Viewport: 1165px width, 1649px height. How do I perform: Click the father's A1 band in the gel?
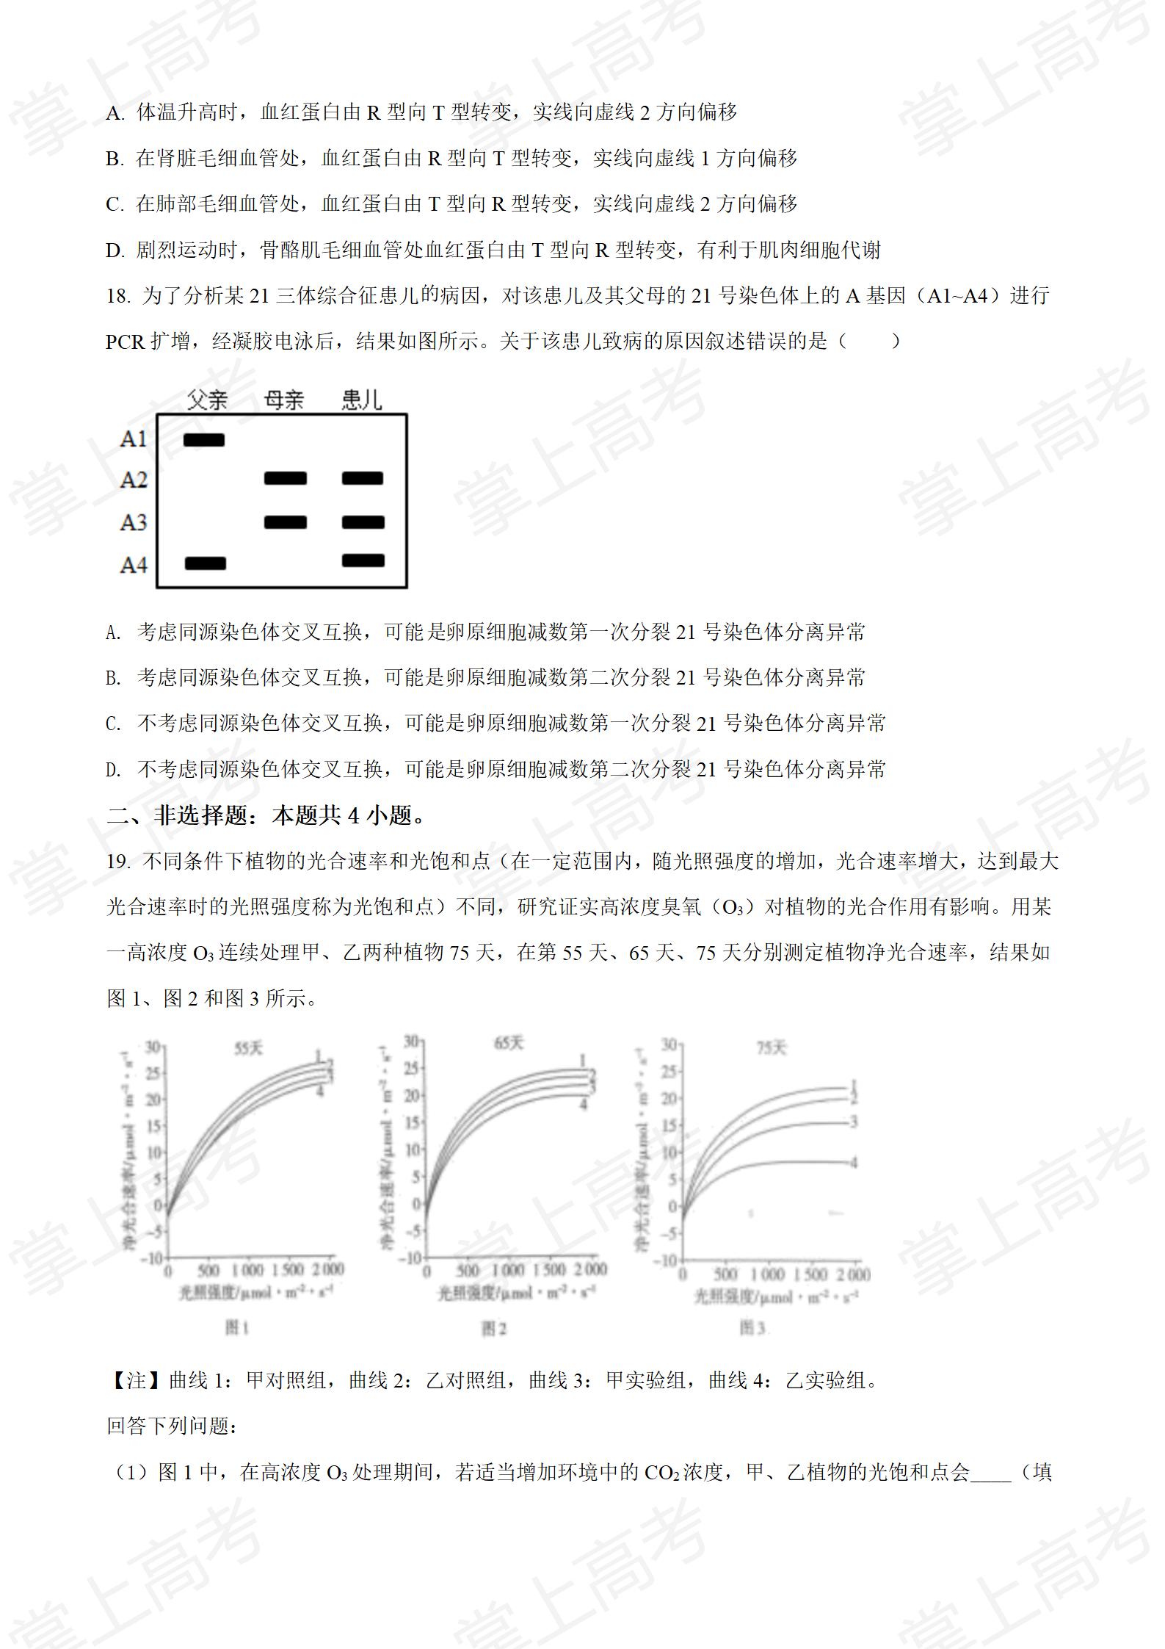[204, 440]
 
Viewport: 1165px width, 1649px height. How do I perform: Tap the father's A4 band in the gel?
[206, 563]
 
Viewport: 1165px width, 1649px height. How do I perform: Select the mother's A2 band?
[286, 479]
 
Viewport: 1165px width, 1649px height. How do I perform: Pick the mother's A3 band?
[286, 522]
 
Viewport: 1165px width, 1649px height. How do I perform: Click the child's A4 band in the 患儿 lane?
[363, 560]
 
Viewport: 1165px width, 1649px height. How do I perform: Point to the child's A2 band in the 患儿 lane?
[363, 479]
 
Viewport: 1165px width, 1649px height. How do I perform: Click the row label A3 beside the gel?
[134, 522]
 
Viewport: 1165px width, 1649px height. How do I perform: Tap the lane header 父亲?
[207, 400]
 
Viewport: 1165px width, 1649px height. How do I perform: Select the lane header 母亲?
[284, 400]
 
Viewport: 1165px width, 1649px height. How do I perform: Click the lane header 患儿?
[362, 400]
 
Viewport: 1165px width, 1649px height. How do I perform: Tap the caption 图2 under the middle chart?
[493, 1328]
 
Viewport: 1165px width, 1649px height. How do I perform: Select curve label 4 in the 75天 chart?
[854, 1162]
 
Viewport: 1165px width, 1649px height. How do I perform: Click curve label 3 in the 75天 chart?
[854, 1122]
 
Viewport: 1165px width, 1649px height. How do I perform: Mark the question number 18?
[117, 296]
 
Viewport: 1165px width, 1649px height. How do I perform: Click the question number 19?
[117, 861]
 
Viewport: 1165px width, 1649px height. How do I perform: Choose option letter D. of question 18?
[114, 770]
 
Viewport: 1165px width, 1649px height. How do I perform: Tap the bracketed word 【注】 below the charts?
[137, 1380]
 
